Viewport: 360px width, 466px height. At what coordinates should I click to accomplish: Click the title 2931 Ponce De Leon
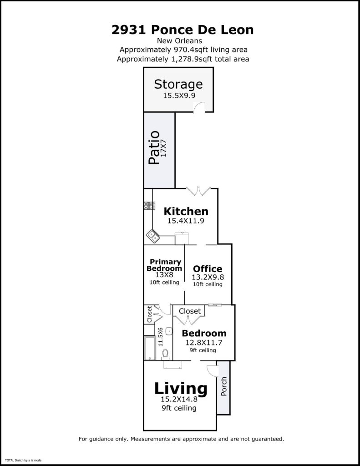click(x=183, y=30)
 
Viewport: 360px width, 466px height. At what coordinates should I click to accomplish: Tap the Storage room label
click(x=178, y=84)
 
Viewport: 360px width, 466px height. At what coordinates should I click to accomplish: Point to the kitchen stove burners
click(x=148, y=206)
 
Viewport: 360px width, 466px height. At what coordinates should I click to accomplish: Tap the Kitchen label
click(x=186, y=211)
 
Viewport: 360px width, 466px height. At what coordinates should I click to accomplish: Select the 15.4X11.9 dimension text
click(x=185, y=221)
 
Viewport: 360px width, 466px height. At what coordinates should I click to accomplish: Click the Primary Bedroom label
click(x=165, y=265)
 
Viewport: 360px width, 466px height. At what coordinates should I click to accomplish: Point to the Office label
click(x=208, y=268)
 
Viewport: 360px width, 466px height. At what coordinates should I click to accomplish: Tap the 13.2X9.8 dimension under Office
click(x=208, y=277)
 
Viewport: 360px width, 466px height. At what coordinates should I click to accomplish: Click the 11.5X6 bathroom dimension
click(x=160, y=337)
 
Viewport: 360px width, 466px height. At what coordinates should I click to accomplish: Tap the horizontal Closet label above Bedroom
click(x=190, y=311)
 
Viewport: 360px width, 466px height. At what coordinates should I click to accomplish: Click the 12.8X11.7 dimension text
click(x=203, y=343)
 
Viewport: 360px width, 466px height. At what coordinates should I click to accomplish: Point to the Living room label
click(x=181, y=389)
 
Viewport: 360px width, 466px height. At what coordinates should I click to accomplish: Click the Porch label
click(x=223, y=387)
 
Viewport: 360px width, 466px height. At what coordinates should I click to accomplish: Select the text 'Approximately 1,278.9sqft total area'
click(x=183, y=59)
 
